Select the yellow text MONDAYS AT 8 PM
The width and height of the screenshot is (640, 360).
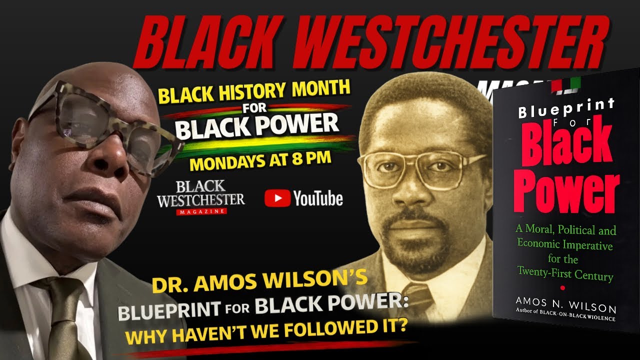point(260,161)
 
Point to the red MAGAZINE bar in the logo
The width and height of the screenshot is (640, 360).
point(201,211)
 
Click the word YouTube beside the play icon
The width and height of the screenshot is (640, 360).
point(318,198)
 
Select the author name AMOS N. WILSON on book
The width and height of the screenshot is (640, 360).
point(565,304)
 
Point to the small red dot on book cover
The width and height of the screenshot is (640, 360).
point(562,288)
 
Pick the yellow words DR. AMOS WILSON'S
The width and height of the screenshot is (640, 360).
point(259,281)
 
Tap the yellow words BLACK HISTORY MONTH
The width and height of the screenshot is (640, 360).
point(254,91)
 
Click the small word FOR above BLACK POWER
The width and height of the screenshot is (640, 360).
point(254,108)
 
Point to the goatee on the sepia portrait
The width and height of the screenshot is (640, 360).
point(417,243)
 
